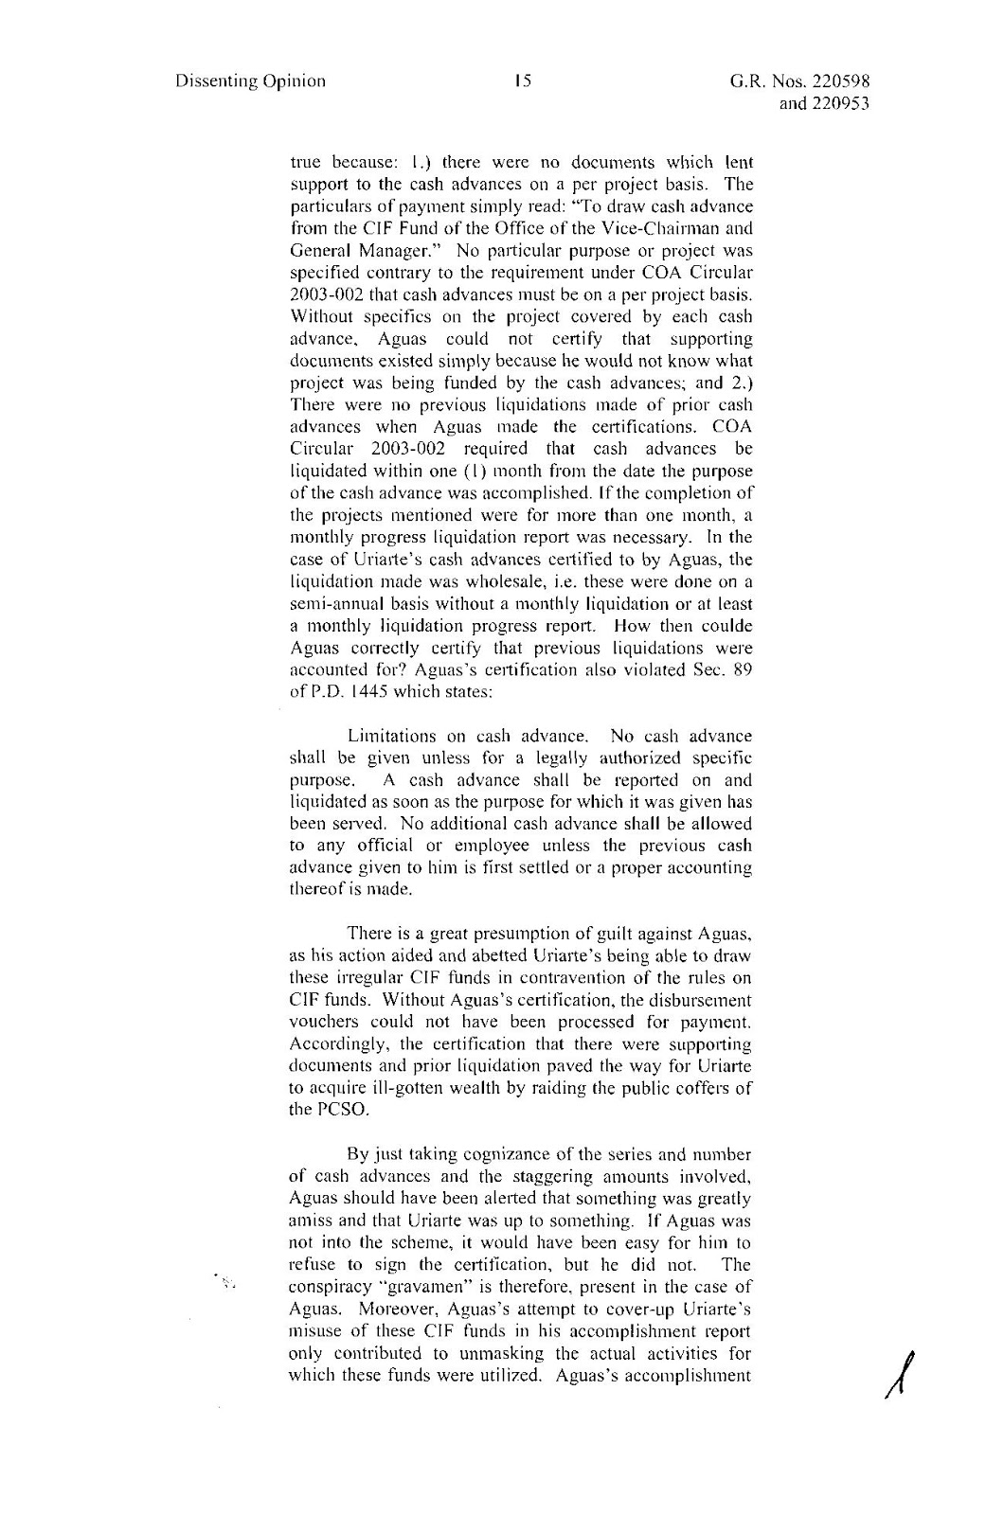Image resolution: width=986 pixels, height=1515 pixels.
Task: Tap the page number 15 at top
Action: point(520,80)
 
